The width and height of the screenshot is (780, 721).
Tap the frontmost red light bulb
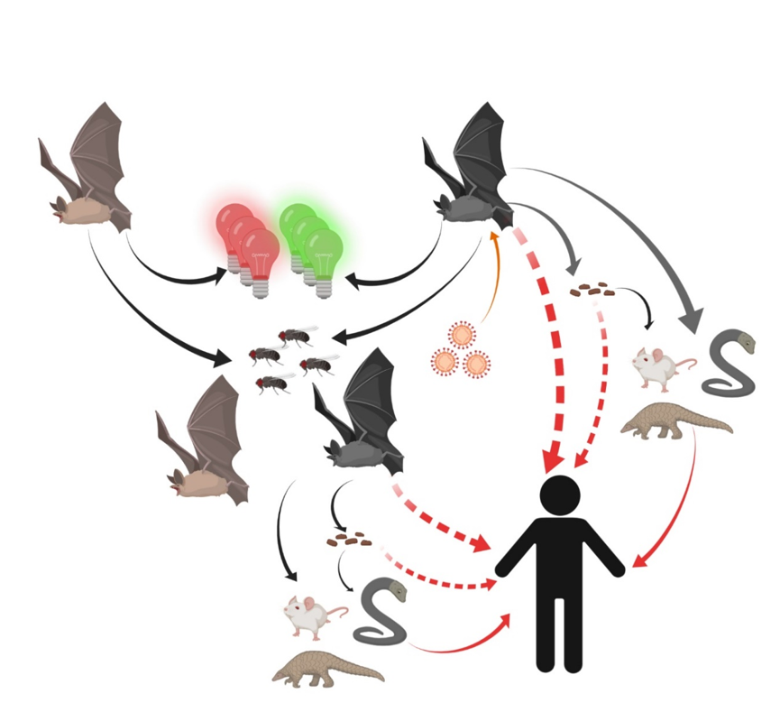(x=259, y=257)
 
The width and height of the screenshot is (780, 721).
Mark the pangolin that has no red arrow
(x=326, y=669)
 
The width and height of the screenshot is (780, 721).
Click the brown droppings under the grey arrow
(x=592, y=290)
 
